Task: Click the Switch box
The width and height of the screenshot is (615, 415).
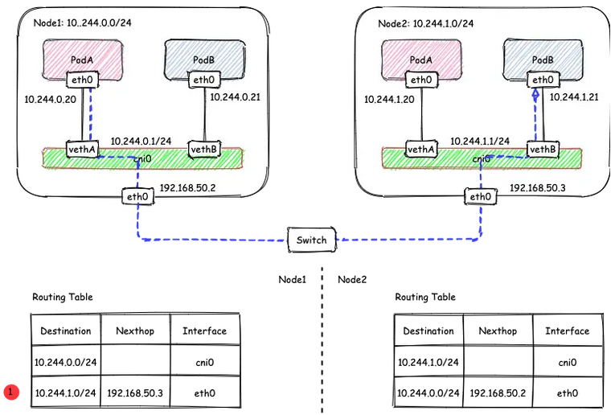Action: (312, 240)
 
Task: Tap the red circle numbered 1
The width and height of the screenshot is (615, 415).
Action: (11, 392)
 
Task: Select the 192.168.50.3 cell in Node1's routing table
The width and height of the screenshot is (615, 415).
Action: (135, 392)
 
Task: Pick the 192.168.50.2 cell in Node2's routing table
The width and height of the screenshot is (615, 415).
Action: (498, 392)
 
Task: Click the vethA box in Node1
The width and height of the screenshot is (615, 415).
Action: (82, 150)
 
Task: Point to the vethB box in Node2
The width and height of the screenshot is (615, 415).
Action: (543, 150)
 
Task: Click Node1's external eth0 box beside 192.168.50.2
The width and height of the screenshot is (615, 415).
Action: (137, 196)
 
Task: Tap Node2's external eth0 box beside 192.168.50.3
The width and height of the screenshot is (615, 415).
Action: (481, 196)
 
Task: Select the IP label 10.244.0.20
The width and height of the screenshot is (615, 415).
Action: (50, 99)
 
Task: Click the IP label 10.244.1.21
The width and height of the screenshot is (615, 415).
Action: (574, 97)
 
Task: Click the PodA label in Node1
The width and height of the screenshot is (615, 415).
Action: (82, 60)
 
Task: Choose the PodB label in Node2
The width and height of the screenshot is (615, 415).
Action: (543, 60)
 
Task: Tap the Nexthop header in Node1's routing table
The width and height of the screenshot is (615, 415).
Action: (135, 331)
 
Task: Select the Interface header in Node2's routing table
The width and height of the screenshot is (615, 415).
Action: (567, 331)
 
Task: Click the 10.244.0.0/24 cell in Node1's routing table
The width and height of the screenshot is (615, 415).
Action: (65, 362)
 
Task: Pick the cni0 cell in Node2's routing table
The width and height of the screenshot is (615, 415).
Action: (568, 362)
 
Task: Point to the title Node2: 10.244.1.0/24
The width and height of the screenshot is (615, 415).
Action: (425, 23)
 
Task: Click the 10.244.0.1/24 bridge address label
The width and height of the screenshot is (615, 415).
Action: (141, 142)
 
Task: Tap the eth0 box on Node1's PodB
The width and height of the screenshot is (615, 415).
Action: (204, 80)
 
